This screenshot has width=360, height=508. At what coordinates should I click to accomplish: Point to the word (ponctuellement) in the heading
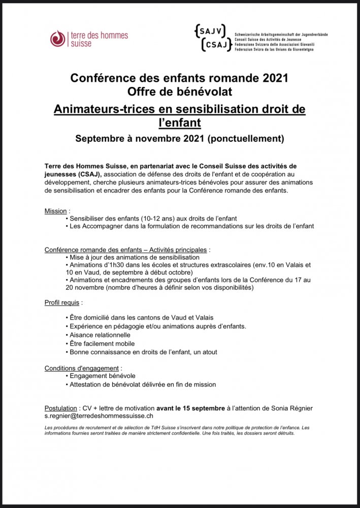pyautogui.click(x=246, y=138)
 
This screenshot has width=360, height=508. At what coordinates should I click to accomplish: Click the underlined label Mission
pyautogui.click(x=55, y=210)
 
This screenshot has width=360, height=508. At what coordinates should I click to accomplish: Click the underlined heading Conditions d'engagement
pyautogui.click(x=83, y=368)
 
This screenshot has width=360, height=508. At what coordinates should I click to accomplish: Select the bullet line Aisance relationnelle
pyautogui.click(x=100, y=335)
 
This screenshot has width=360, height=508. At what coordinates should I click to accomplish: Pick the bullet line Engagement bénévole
pyautogui.click(x=103, y=375)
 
